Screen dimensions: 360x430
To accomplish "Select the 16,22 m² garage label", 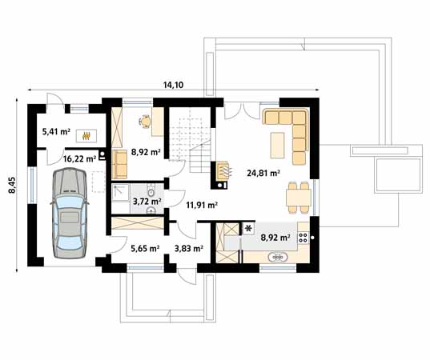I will click(x=80, y=158).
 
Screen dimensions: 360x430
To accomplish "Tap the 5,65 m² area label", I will click(x=145, y=249).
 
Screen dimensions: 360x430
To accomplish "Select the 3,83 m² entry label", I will click(x=188, y=249).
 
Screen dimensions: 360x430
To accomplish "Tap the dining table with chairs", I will click(x=297, y=195).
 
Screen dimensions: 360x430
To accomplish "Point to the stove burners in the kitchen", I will click(x=303, y=236).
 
